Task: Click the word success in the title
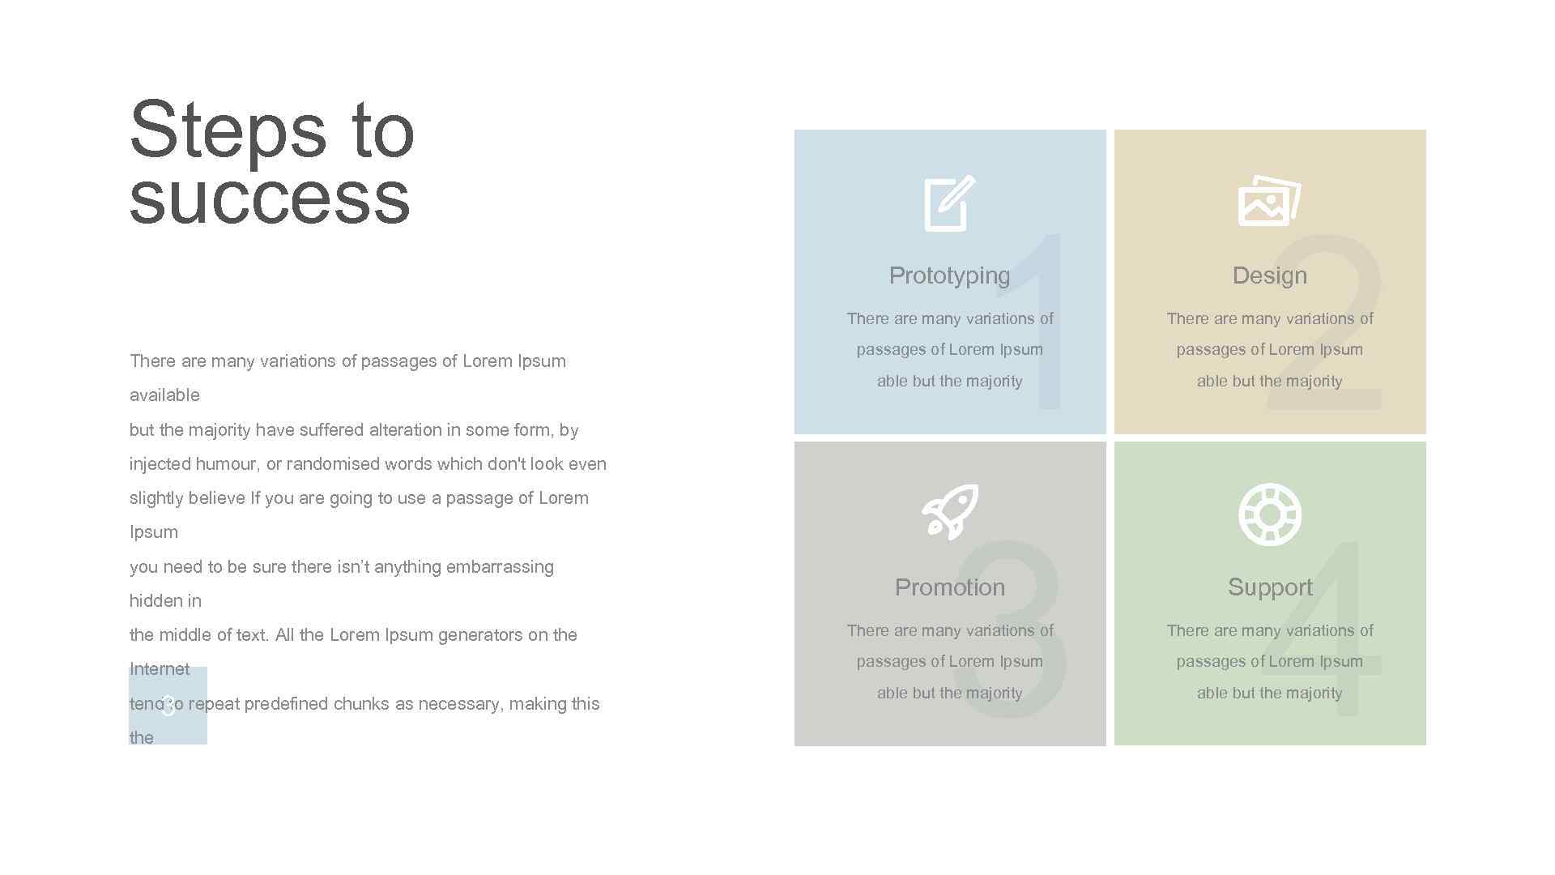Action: click(270, 198)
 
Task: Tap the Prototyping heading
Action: click(949, 275)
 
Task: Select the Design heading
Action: click(1269, 275)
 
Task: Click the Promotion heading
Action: click(949, 587)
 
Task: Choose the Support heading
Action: click(1269, 587)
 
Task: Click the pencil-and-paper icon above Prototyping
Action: click(949, 203)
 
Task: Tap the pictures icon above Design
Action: click(1268, 201)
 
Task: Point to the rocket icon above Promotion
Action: click(950, 512)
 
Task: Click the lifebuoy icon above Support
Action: click(1269, 514)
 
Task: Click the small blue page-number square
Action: click(168, 706)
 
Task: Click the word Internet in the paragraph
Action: click(160, 669)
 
